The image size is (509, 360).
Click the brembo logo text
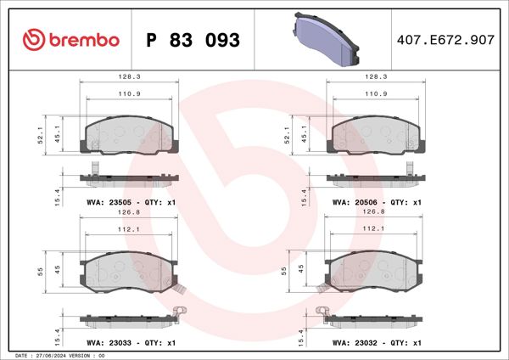[x=81, y=40]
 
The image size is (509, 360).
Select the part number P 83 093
[x=193, y=40]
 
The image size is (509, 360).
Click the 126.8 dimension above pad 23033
[x=129, y=213]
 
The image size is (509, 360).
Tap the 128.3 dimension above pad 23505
[x=129, y=76]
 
